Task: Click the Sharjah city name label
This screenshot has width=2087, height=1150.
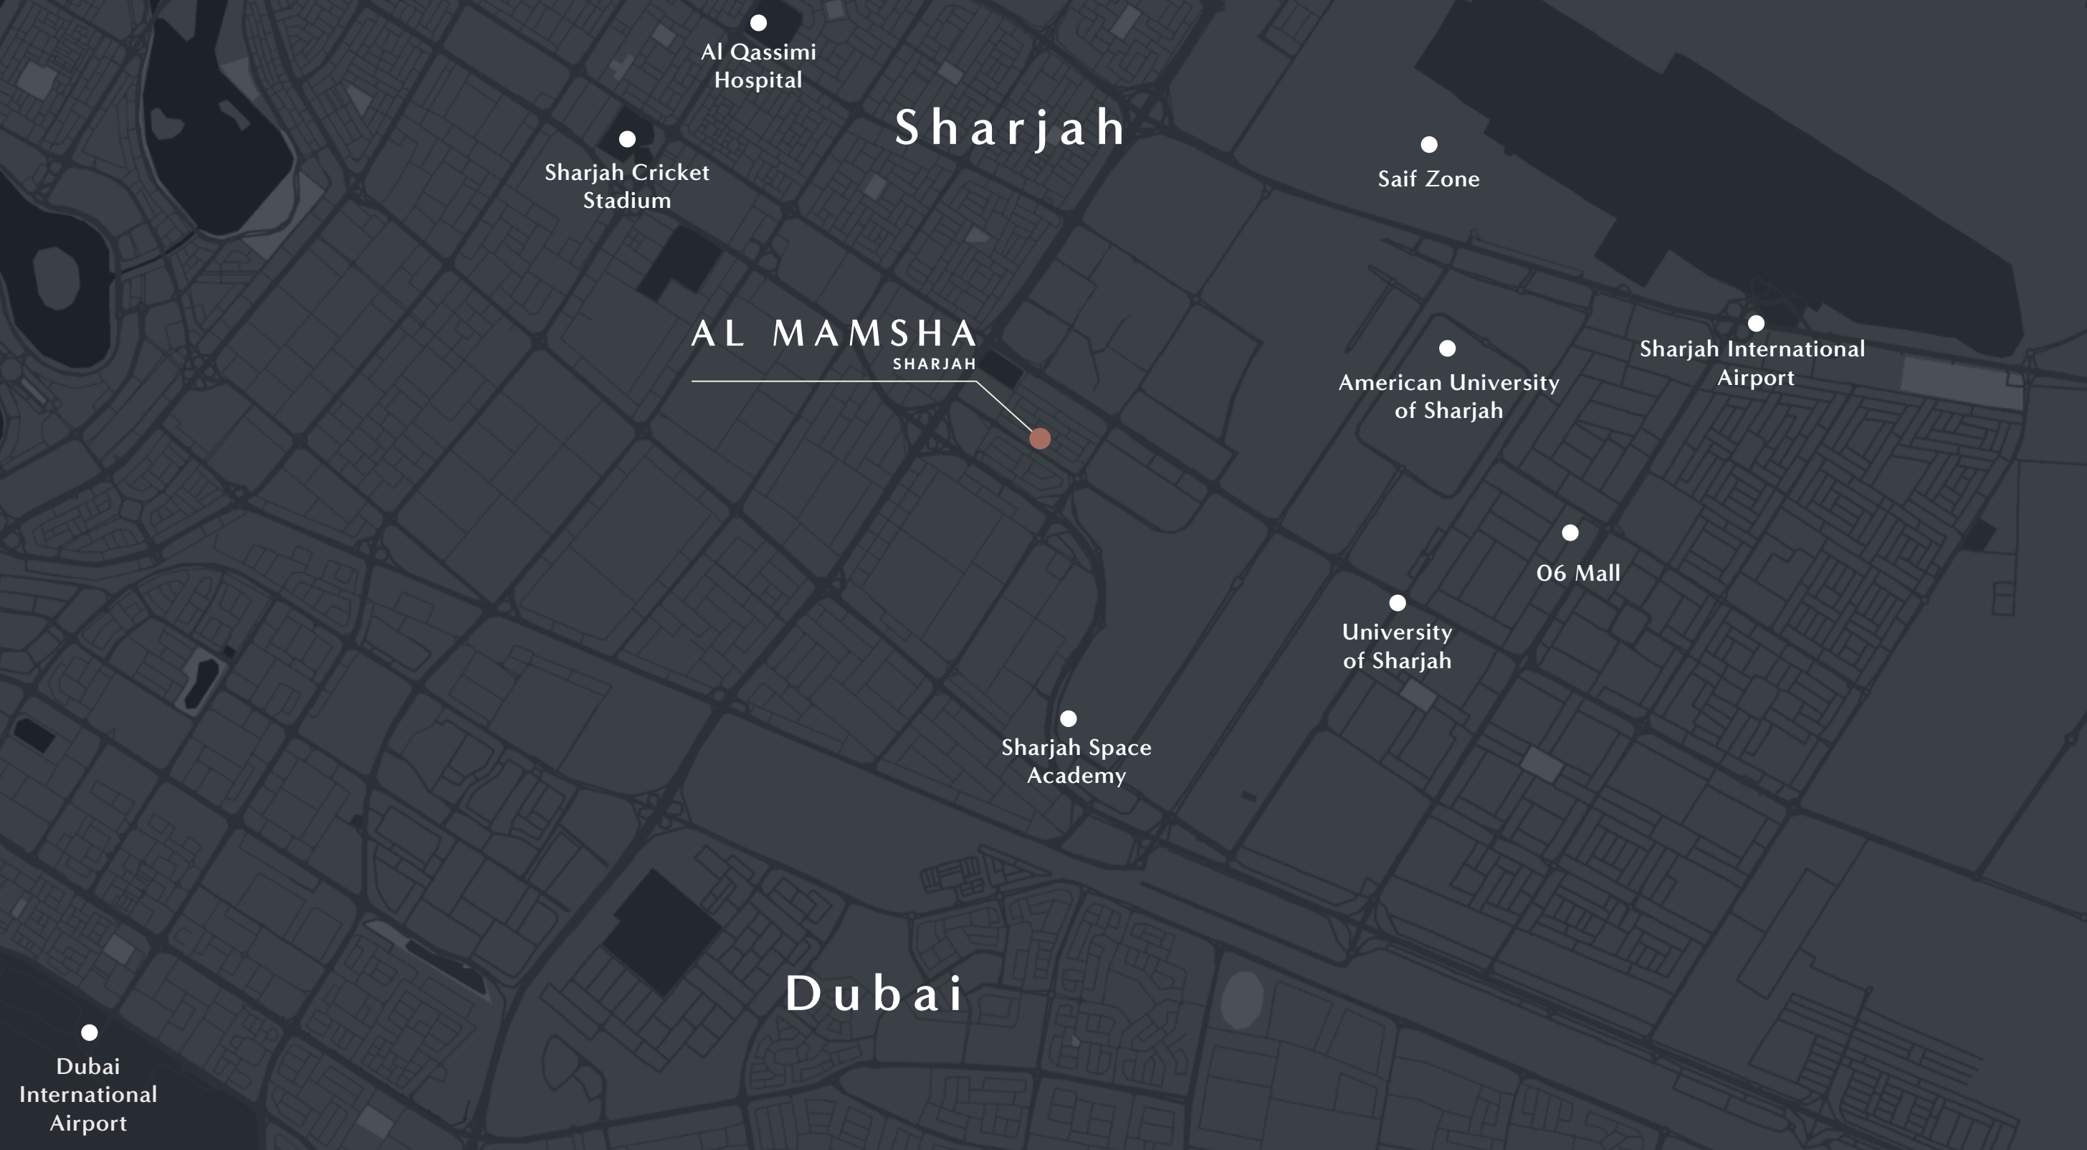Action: click(1011, 128)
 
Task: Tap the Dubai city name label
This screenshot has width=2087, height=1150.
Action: click(875, 994)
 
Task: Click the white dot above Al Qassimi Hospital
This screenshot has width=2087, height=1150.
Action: click(758, 23)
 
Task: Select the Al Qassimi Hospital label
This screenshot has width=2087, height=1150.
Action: click(758, 66)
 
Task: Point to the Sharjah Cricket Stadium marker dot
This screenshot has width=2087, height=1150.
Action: click(627, 139)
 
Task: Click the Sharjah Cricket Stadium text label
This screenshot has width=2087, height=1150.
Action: click(627, 186)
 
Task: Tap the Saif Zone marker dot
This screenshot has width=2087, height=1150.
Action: click(1429, 144)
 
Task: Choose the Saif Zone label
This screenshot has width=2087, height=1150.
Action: click(1429, 179)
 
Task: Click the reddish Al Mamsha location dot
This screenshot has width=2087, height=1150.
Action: click(1040, 439)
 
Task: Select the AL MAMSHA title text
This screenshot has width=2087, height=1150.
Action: click(834, 333)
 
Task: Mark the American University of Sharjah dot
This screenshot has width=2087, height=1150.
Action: click(1448, 348)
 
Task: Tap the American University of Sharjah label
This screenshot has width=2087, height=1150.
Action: click(1448, 396)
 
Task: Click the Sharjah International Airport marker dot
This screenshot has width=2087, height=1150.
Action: click(1756, 323)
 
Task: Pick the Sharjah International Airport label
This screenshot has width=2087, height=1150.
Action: click(1753, 363)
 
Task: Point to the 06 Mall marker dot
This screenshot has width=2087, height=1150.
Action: click(1570, 533)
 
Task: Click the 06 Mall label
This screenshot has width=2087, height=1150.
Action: click(1578, 573)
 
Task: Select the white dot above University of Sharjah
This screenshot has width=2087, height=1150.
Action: click(1398, 603)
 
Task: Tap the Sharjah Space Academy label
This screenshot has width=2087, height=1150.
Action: click(1076, 761)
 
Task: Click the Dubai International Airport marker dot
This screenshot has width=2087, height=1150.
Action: click(89, 1032)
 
